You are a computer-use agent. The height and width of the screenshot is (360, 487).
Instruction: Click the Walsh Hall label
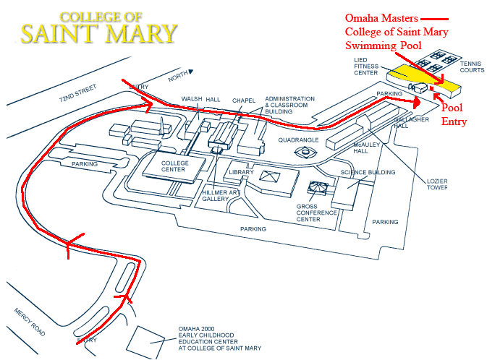[200, 99]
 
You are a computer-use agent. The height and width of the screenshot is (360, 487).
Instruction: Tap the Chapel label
[244, 100]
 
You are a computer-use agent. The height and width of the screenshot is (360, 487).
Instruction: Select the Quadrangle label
[298, 140]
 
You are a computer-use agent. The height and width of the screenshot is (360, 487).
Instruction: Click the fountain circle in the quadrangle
[306, 152]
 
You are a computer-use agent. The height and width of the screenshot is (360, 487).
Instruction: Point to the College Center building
[174, 167]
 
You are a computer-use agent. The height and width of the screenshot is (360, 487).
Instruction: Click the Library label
[241, 172]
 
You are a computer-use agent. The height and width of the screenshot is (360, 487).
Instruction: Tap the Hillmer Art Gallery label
[221, 195]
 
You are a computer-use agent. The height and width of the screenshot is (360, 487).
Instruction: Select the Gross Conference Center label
[316, 213]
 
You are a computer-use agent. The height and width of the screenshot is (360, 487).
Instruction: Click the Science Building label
[368, 172]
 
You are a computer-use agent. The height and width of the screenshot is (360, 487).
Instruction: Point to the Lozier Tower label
[437, 184]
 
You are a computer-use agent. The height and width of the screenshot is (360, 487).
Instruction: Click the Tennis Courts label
[472, 67]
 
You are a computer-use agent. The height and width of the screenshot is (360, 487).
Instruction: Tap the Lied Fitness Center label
[366, 67]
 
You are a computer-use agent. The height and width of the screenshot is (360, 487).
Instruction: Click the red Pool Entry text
[454, 114]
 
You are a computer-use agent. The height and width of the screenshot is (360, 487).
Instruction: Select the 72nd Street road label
[77, 93]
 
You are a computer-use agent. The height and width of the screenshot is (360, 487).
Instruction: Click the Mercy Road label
[30, 322]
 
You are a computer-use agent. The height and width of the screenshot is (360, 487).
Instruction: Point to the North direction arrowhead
[191, 72]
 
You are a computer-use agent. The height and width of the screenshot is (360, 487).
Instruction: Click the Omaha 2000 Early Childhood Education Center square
[145, 343]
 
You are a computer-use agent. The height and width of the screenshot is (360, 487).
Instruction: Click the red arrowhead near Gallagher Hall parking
[417, 102]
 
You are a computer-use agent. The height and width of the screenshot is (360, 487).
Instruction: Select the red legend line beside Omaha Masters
[434, 19]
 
